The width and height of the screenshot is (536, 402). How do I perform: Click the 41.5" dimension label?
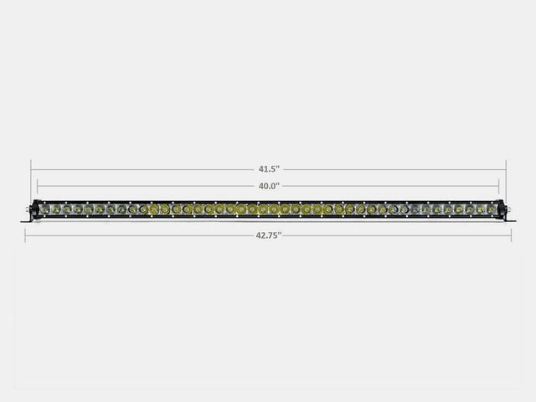(268, 169)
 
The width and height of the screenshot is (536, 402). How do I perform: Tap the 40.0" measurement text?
(268, 186)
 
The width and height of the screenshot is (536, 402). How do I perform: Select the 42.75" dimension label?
(268, 235)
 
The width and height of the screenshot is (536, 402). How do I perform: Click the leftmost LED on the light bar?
(45, 209)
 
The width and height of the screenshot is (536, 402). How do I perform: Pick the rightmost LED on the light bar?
(492, 209)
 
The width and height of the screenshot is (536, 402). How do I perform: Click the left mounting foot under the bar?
(28, 219)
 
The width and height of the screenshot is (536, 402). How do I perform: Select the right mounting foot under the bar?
(509, 219)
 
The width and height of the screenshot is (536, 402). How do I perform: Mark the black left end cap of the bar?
(35, 209)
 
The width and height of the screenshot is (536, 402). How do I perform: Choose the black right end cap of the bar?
(501, 209)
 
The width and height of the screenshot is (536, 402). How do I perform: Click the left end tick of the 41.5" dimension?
(31, 169)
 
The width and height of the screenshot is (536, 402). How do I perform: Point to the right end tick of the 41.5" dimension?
(506, 169)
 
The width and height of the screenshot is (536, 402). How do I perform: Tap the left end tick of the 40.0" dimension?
(38, 186)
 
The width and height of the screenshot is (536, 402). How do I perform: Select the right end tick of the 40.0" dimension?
(499, 186)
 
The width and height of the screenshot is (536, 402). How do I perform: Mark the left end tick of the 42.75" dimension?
(25, 235)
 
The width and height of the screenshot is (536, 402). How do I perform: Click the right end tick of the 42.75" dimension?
(512, 235)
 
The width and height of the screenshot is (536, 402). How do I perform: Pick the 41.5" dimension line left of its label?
(142, 169)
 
